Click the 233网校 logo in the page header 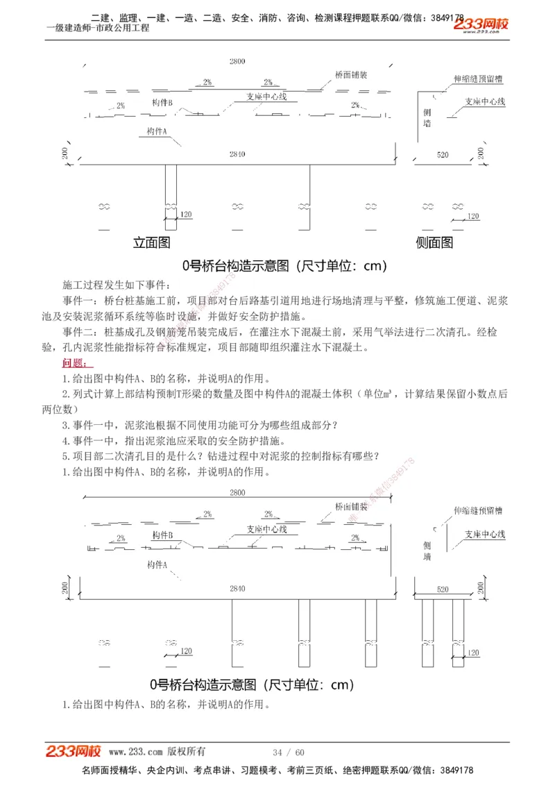click(481, 26)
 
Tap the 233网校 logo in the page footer click(74, 751)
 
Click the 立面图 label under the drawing click(152, 242)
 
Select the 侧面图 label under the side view click(434, 242)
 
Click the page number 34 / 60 click(289, 752)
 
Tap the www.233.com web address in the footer click(137, 752)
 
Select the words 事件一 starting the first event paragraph click(76, 301)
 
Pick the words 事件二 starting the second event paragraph click(76, 332)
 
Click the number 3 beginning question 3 click(65, 425)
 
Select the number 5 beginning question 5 click(65, 456)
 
